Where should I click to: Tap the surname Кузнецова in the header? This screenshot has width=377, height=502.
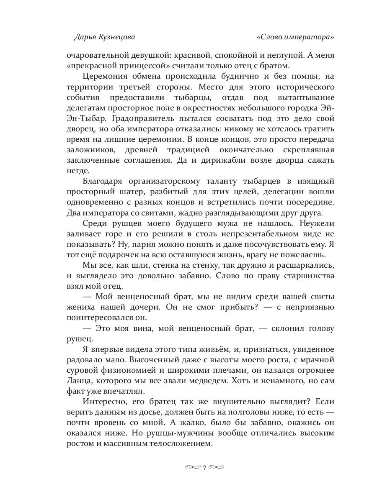(117, 37)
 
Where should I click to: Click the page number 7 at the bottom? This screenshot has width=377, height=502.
(204, 467)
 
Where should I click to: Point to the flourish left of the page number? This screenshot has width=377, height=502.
(192, 467)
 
